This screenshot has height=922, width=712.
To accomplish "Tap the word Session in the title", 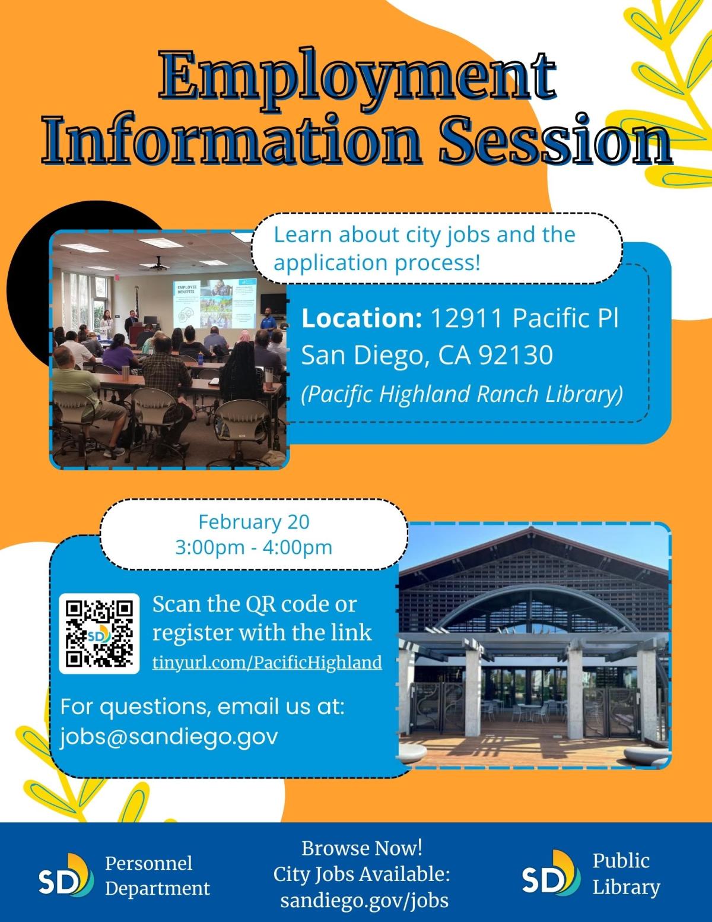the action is pyautogui.click(x=555, y=140).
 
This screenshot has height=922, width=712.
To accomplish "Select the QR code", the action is pyautogui.click(x=99, y=633).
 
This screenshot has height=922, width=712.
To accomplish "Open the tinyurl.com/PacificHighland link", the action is pyautogui.click(x=267, y=663).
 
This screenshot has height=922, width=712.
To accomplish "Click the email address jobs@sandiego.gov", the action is pyautogui.click(x=169, y=737).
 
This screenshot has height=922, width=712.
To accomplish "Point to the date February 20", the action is pyautogui.click(x=254, y=522).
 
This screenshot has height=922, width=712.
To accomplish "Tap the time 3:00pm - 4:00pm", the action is pyautogui.click(x=253, y=547).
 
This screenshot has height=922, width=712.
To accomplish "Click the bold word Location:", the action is pyautogui.click(x=362, y=318).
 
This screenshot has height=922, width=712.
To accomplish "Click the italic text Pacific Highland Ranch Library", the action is pyautogui.click(x=462, y=394).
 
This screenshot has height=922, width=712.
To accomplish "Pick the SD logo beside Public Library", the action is pyautogui.click(x=551, y=872).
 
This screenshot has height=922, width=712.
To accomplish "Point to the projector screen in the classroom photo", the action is pyautogui.click(x=215, y=303).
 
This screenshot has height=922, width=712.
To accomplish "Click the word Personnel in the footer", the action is pyautogui.click(x=148, y=863).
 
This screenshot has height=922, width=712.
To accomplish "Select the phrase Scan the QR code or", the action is pyautogui.click(x=255, y=604).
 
